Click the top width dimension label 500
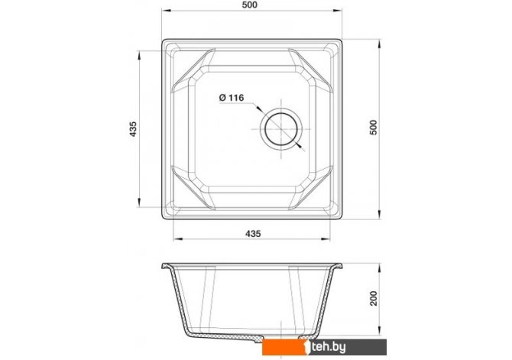coord(250,5)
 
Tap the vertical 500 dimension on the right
coord(373,128)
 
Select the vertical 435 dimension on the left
coord(132,128)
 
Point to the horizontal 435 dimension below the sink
coord(253,234)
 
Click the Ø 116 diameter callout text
coord(232,98)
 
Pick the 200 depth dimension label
coord(373,298)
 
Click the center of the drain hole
coord(281,129)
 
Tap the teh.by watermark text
coord(328,347)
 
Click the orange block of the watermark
coord(285,347)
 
